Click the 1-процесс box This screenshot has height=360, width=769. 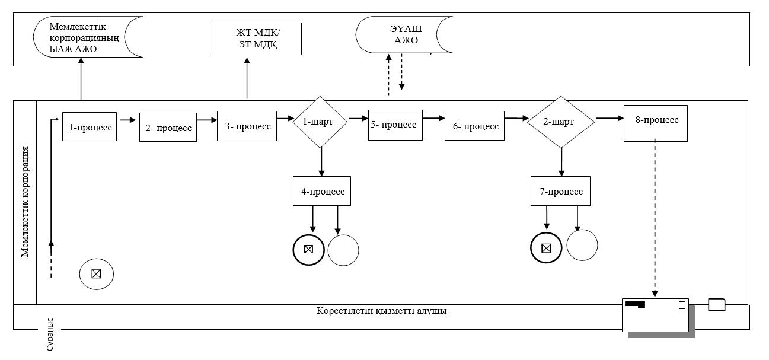point(90,127)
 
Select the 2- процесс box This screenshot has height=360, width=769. point(168,127)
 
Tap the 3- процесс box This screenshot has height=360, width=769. point(247,126)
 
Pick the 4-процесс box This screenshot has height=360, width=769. point(322,191)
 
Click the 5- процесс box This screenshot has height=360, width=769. point(395,125)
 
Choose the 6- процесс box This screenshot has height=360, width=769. point(475,126)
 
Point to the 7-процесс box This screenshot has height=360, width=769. point(561,191)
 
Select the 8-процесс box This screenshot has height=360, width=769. point(656,123)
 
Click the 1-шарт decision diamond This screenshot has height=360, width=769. point(320,122)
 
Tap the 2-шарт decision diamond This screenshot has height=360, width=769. point(561,122)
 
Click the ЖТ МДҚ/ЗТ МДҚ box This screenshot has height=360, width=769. point(256,39)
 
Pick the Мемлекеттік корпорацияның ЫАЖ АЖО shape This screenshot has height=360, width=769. point(88,37)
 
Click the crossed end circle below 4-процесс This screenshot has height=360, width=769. point(309,250)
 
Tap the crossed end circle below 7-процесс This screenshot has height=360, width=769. point(546,248)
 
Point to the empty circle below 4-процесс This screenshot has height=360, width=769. point(343,250)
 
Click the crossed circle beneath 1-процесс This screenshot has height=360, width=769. point(97,274)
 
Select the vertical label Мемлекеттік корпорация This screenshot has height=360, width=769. point(25,202)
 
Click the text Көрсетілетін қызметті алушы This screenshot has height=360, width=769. point(382,311)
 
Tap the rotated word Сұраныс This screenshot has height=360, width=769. point(50,334)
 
